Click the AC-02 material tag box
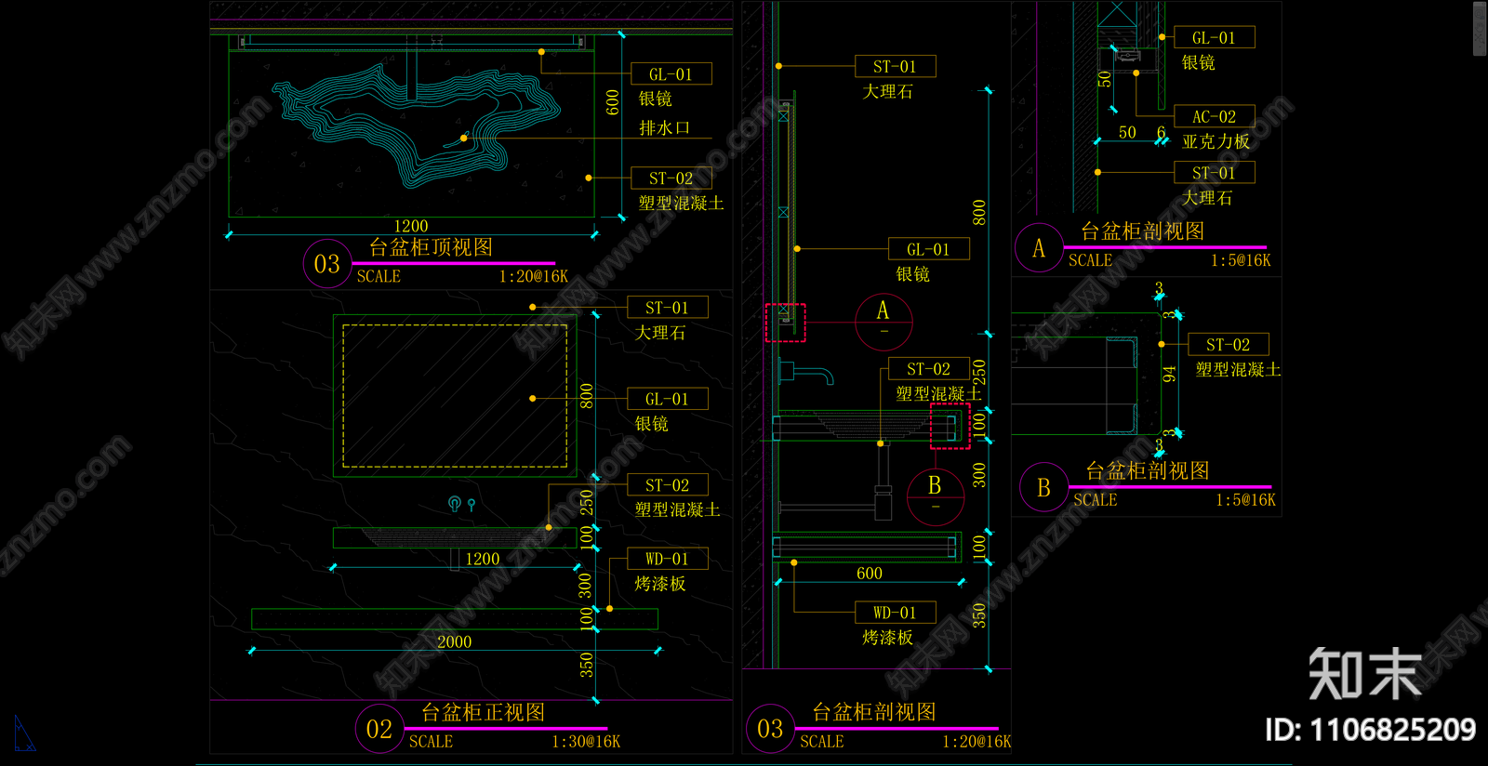tap(1214, 116)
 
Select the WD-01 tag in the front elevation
tap(667, 559)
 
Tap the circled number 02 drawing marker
tap(379, 729)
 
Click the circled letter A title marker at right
tap(1039, 248)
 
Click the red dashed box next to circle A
tap(785, 323)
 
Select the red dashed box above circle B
tap(950, 426)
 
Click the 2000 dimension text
tap(454, 641)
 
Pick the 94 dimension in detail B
tap(1169, 374)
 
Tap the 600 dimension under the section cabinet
tap(869, 574)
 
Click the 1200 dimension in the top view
tap(411, 226)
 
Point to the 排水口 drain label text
tap(664, 127)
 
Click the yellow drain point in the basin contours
tap(464, 139)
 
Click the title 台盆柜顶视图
tap(431, 247)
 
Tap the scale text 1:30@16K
tap(585, 741)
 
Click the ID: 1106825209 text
tap(1370, 730)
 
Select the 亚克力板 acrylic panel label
tap(1216, 141)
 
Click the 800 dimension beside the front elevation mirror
tap(586, 395)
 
